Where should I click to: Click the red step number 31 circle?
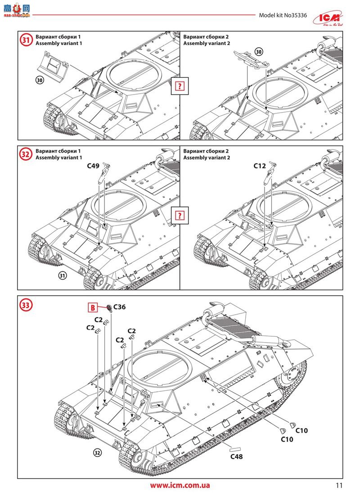tap(26, 40)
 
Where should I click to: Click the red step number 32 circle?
tap(26, 154)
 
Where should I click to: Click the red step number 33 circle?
tap(26, 305)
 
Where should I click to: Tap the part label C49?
tap(94, 166)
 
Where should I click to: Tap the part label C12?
tap(260, 166)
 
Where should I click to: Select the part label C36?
tap(119, 307)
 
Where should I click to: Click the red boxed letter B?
tap(92, 308)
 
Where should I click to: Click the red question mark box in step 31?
tap(180, 86)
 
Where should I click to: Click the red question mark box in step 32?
tap(180, 215)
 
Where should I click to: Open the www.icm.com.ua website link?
tap(180, 485)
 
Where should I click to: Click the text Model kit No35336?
tap(283, 15)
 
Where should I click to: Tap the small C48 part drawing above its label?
tap(236, 449)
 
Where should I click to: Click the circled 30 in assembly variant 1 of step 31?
tap(40, 80)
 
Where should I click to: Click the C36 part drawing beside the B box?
tap(109, 308)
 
